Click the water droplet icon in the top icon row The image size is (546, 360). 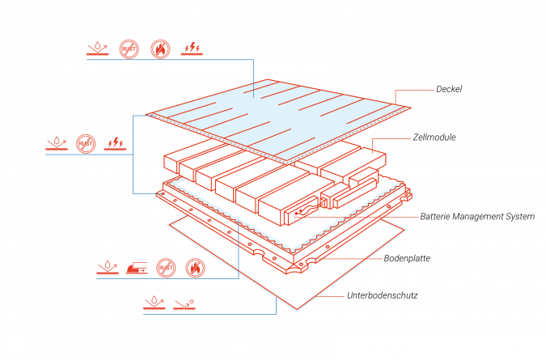(x=97, y=49)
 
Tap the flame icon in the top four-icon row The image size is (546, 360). (x=161, y=49)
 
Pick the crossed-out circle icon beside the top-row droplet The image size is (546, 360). (x=129, y=49)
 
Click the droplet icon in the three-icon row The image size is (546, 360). (x=55, y=144)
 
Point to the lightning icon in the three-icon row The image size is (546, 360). (x=115, y=144)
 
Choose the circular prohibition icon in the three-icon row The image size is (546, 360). (x=86, y=144)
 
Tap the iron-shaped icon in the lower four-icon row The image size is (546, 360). (x=137, y=268)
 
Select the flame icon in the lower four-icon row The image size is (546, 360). (x=196, y=268)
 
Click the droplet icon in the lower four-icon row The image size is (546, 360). (x=107, y=268)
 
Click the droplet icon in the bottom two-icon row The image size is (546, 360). (x=152, y=304)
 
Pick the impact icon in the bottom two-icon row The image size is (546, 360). (x=184, y=304)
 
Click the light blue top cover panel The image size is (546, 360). (x=275, y=117)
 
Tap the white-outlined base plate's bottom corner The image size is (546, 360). (x=297, y=310)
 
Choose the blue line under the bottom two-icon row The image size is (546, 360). (x=210, y=314)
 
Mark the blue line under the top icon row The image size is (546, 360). (x=170, y=60)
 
